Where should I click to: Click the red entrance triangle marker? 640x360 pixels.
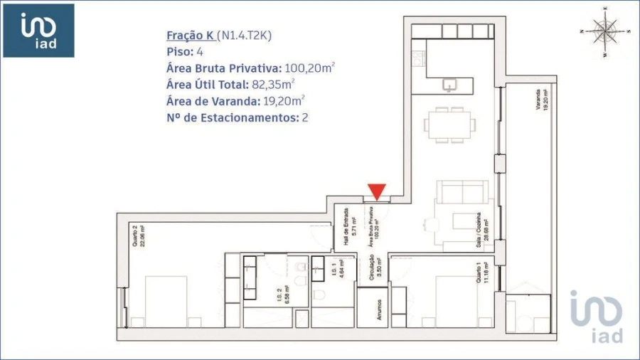point(377,191)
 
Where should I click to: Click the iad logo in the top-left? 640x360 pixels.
point(39,31)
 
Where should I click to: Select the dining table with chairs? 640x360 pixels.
point(449,125)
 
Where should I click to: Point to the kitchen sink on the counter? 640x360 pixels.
point(450,85)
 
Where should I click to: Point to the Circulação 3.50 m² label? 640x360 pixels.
point(376,270)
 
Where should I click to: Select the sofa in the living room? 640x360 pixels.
point(462,193)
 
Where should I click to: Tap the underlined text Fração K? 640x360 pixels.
point(190,35)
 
